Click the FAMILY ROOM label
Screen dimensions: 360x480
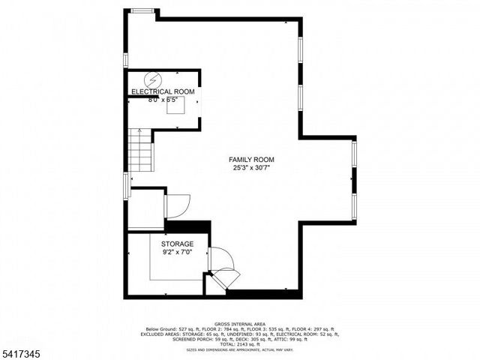(x=252, y=160)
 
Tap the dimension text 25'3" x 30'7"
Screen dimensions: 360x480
(x=252, y=169)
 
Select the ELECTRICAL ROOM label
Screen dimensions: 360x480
(x=163, y=91)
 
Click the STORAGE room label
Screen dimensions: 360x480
(x=178, y=244)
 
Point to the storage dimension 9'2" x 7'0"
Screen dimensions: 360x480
(x=178, y=253)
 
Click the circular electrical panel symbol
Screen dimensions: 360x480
(x=154, y=79)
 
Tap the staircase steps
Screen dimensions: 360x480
(x=140, y=149)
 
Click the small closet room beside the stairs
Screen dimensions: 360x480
(x=145, y=209)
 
